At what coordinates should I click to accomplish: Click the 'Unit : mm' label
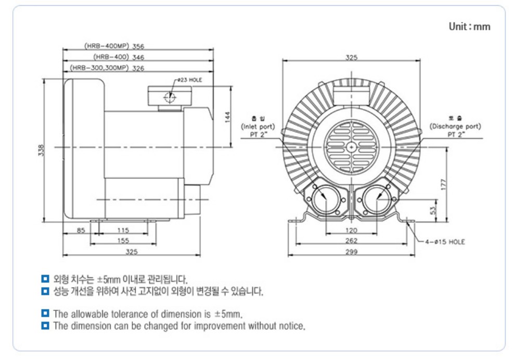[x=469, y=27]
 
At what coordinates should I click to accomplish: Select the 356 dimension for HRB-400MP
[x=138, y=46]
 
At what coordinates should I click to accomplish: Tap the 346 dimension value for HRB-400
[x=138, y=57]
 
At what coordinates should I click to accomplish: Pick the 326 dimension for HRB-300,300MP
[x=138, y=68]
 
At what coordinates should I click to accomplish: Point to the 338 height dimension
[x=42, y=150]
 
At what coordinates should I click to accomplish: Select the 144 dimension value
[x=227, y=117]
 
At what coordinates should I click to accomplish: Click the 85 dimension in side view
[x=81, y=230]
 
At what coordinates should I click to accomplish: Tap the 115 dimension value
[x=123, y=230]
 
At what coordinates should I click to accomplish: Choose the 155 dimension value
[x=123, y=241]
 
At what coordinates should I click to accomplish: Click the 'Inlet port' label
[x=258, y=127]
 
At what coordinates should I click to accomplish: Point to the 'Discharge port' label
[x=455, y=127]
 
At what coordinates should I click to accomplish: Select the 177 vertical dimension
[x=443, y=184]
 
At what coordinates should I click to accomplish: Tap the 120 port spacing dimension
[x=352, y=230]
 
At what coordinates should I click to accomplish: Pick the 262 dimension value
[x=352, y=241]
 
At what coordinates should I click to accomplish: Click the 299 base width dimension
[x=352, y=252]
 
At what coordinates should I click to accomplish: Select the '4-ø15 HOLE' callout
[x=445, y=242]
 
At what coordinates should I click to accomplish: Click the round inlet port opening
[x=327, y=199]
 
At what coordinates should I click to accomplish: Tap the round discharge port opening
[x=376, y=199]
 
